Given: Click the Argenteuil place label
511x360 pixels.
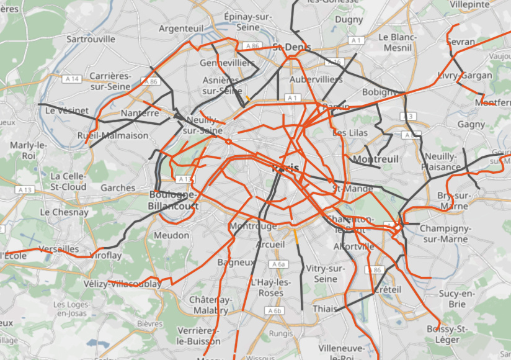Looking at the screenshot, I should coord(180,29).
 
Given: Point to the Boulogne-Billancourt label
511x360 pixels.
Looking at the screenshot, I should coord(174,200).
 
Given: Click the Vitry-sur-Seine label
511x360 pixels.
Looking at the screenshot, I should coord(326,274).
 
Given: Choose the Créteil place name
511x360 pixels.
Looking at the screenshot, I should coord(388,289).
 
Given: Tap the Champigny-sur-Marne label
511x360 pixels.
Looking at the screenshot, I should coord(445,233).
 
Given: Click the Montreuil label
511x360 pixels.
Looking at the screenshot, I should coord(375,160).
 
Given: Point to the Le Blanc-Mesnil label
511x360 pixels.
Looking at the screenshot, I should coord(398,42).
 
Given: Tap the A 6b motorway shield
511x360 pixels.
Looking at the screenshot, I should coord(274,310).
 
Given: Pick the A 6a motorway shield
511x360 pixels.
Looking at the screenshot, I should coord(280,264).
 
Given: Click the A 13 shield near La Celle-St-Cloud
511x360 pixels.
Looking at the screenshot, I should coord(25,189).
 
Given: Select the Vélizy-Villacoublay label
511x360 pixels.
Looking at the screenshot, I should coord(122,284).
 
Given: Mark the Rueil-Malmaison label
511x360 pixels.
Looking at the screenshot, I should coord(113,135).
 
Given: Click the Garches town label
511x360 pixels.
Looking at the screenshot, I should coord(118,187).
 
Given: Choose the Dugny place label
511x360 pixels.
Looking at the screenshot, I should coord(349,19).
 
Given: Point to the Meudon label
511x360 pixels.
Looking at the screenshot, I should coord(172,235).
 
